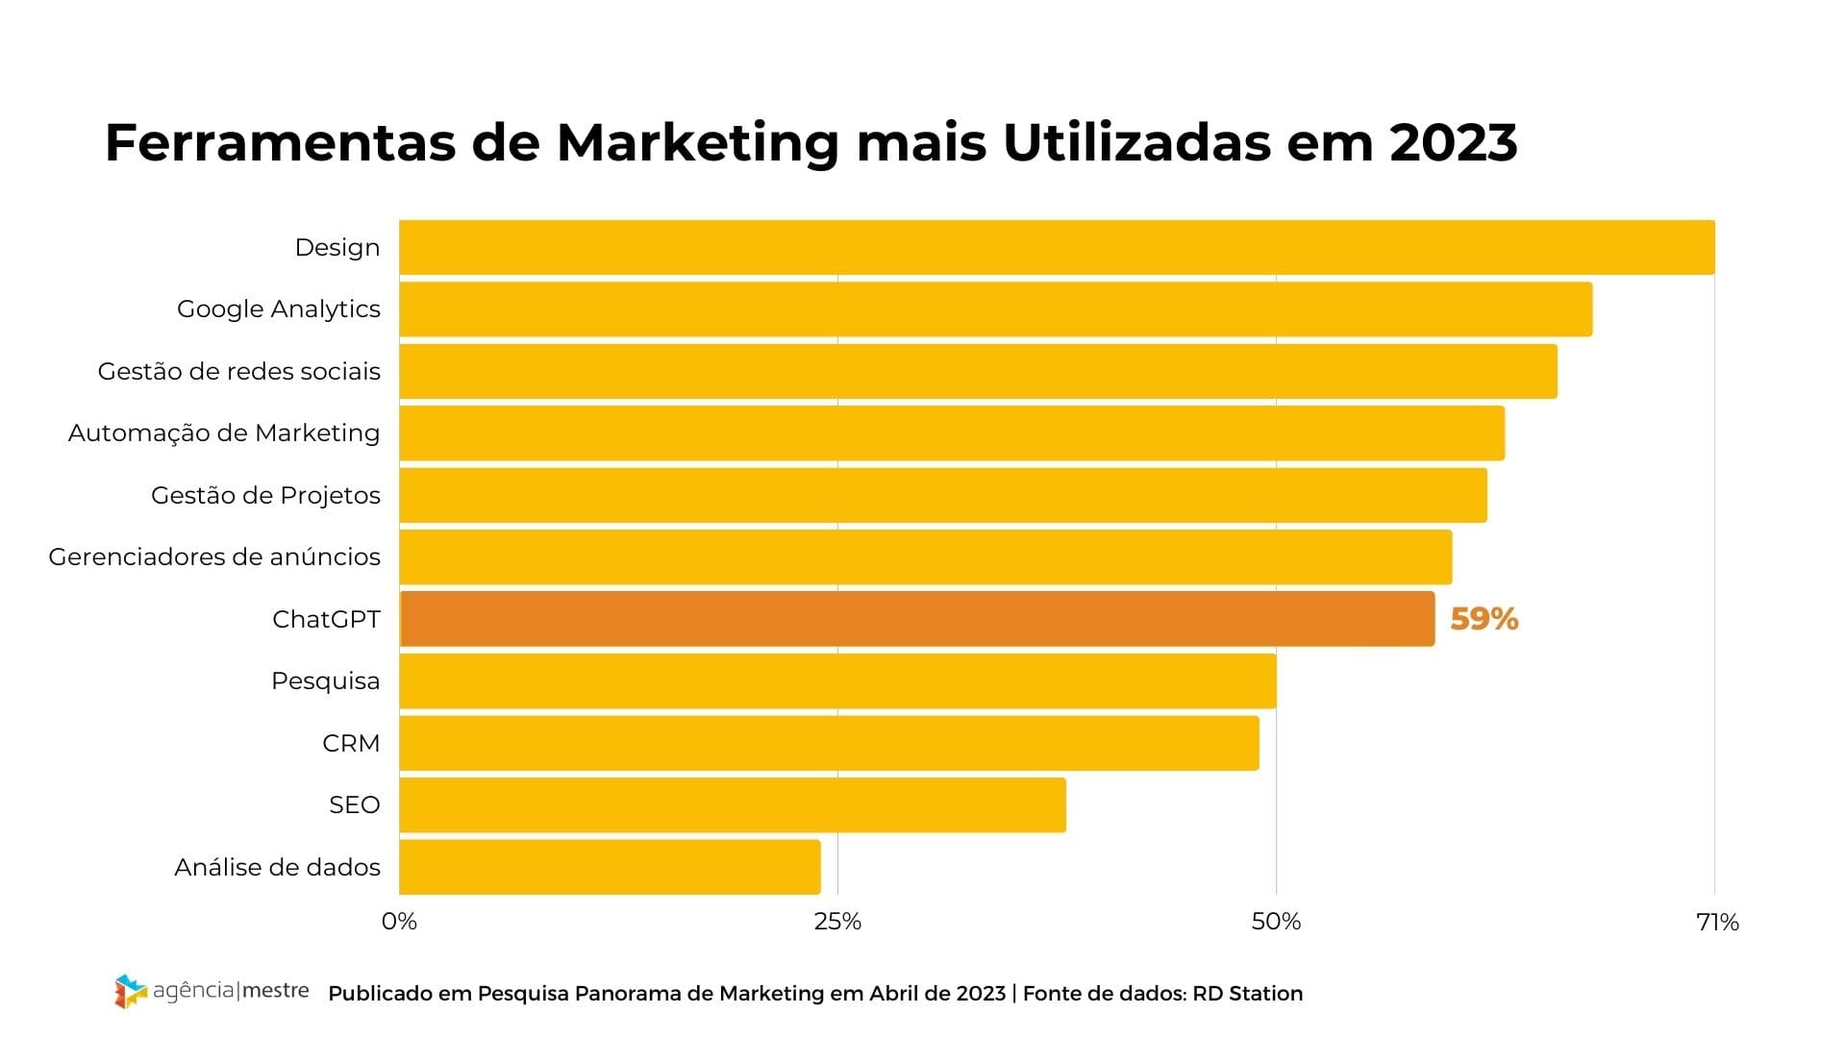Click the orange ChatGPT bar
tap(916, 619)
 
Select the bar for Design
tap(1056, 247)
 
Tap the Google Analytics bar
tap(995, 309)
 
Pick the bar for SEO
tap(732, 805)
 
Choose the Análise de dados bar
tap(610, 867)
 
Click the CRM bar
tap(829, 743)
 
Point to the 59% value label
tap(1484, 619)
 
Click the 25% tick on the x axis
tap(837, 923)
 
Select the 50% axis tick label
tap(1276, 923)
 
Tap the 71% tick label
tap(1717, 923)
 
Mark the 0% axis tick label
tap(399, 923)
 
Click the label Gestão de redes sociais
tap(238, 372)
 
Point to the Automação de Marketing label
tap(224, 433)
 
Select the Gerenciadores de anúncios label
tap(214, 557)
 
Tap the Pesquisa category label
tap(325, 681)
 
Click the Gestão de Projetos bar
tap(942, 495)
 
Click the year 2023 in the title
tap(1453, 142)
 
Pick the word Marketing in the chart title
tap(697, 142)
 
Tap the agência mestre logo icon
tap(131, 991)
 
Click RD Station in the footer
tap(1247, 994)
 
